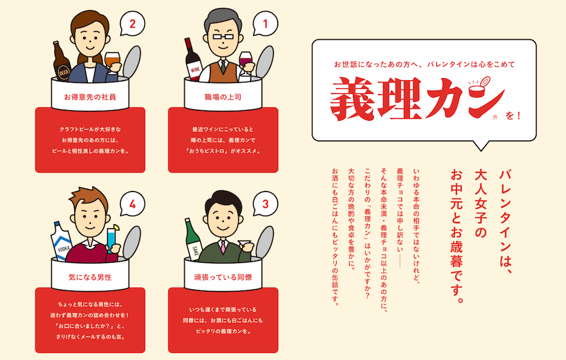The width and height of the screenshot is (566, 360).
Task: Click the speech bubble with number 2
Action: (x=133, y=24)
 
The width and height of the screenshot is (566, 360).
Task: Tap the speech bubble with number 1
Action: (x=265, y=24)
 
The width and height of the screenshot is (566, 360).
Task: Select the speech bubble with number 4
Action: (x=133, y=204)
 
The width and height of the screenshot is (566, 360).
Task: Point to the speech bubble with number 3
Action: (x=265, y=204)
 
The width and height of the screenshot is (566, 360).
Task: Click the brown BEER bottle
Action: (x=61, y=61)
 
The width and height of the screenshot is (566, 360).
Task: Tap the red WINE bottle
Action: (x=193, y=59)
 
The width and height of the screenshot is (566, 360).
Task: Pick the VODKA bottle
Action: (x=61, y=241)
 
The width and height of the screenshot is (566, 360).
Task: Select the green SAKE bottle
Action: (x=193, y=240)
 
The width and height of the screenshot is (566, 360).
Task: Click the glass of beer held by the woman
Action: (x=112, y=61)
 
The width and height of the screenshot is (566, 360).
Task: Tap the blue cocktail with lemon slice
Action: (x=112, y=238)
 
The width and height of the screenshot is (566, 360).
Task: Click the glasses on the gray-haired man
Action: (x=223, y=36)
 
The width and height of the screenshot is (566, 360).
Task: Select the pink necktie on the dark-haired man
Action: (x=223, y=246)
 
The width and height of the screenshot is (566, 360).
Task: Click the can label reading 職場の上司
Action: (x=223, y=97)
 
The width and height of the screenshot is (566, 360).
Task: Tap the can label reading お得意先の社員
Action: (x=90, y=97)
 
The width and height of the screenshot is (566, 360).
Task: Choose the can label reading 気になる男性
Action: (x=90, y=277)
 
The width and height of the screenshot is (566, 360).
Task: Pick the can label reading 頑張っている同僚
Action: (x=223, y=277)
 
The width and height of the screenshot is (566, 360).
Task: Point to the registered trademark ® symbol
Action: (x=495, y=117)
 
